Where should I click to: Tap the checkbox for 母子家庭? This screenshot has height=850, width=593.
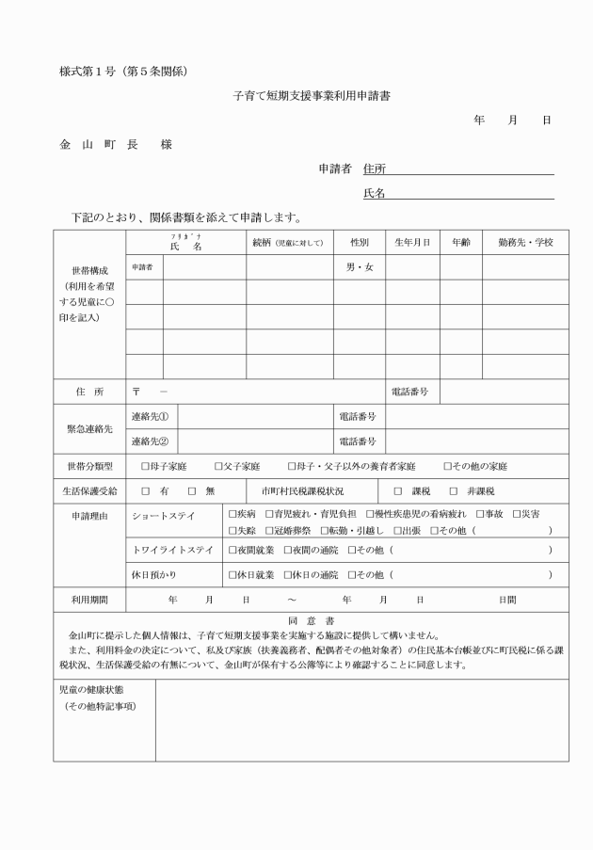point(145,466)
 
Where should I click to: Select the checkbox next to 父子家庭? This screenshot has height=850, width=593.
point(218,466)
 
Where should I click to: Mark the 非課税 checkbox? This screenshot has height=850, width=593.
point(454,491)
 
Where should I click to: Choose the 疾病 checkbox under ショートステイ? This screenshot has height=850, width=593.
point(232,515)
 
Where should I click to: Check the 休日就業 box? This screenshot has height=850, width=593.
point(232,574)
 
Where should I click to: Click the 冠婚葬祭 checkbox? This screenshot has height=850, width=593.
point(264,531)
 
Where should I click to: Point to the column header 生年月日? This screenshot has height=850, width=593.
point(412,243)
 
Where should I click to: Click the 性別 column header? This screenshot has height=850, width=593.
point(359,243)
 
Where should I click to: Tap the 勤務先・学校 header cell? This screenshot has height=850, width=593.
point(525,243)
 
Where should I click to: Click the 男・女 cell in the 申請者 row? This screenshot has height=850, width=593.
point(359,267)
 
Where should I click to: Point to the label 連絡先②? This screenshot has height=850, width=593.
point(150,441)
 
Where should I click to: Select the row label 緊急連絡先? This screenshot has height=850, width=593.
point(88,428)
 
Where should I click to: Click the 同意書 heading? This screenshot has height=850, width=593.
point(310,620)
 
